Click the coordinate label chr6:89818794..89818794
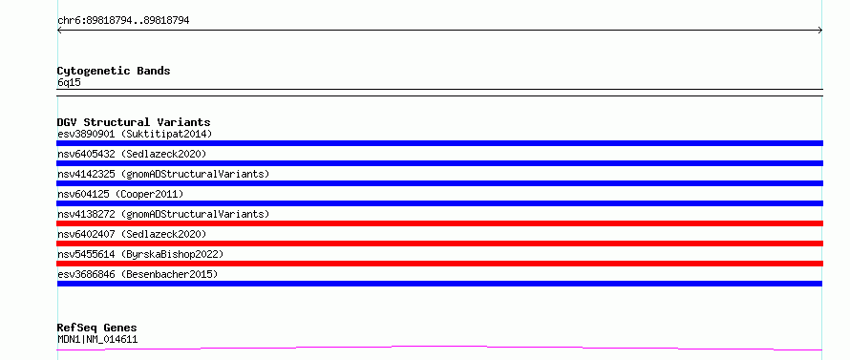(123, 21)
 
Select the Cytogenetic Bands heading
(114, 71)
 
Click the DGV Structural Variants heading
(134, 122)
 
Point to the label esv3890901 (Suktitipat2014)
(135, 134)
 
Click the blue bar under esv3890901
(439, 143)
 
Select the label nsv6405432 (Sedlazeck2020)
(132, 154)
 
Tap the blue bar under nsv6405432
(439, 163)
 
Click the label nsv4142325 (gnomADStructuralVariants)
(163, 174)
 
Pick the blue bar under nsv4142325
(439, 183)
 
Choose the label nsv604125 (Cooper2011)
(120, 194)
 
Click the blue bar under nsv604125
(439, 203)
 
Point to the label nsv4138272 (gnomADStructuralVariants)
(163, 214)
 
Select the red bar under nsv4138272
(439, 223)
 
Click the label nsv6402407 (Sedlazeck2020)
(132, 234)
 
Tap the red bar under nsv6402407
(439, 244)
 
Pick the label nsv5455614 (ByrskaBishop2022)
(140, 254)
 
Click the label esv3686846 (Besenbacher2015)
(138, 274)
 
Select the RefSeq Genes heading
(97, 328)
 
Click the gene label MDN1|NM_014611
(97, 339)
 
